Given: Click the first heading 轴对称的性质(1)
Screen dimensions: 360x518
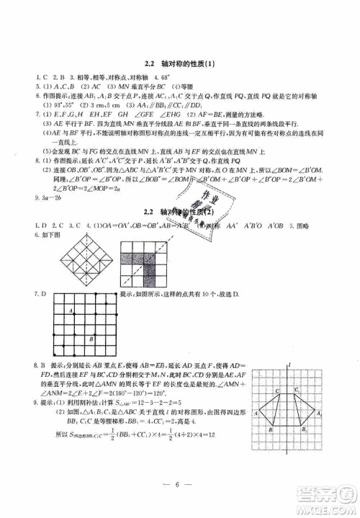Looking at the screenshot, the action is [179, 63].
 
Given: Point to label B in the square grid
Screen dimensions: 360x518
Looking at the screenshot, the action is [89, 339].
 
